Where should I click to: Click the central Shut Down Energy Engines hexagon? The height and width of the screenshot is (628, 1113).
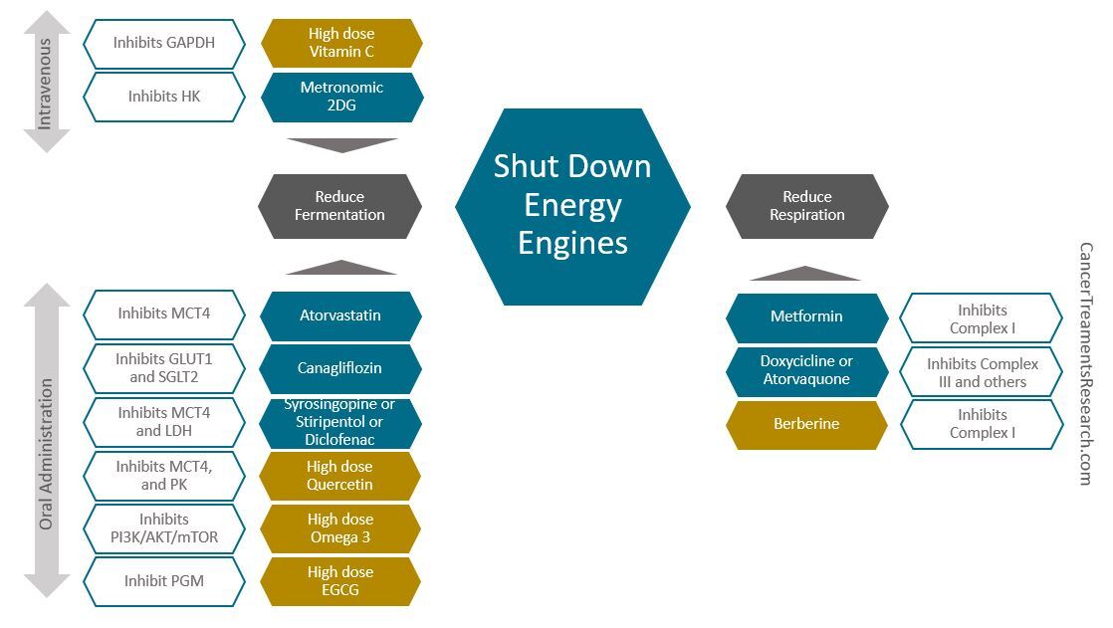(x=572, y=205)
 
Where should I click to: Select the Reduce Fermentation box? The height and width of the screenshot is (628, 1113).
(x=339, y=206)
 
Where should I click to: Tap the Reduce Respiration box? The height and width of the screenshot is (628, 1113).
(x=806, y=206)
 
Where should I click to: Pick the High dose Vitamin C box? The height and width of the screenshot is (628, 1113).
(x=341, y=43)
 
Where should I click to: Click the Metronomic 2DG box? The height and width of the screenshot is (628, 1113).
(x=341, y=97)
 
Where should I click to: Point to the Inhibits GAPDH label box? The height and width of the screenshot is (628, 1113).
(x=164, y=43)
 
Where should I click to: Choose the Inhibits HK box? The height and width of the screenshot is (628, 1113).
(x=164, y=97)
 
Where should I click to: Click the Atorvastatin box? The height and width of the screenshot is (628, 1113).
(x=340, y=315)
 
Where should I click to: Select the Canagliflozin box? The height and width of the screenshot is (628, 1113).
(x=340, y=368)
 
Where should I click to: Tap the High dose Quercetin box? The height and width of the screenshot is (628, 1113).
(x=340, y=476)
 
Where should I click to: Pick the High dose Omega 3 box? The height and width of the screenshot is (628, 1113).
(x=340, y=528)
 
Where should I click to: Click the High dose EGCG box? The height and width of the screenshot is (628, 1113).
(x=340, y=581)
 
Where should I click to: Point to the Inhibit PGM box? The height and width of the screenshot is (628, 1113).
(x=164, y=581)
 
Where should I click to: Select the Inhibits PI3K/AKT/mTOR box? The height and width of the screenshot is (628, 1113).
(x=164, y=528)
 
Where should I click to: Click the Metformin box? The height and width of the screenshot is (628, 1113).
(x=806, y=316)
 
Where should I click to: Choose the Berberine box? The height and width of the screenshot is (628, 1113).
(x=806, y=424)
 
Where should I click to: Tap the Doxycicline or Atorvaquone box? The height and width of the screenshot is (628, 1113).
(x=806, y=370)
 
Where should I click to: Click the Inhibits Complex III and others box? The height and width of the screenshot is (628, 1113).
(x=982, y=372)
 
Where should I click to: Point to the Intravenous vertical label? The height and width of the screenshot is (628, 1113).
(x=45, y=82)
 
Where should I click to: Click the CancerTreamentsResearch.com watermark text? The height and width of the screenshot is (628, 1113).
(x=1086, y=363)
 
